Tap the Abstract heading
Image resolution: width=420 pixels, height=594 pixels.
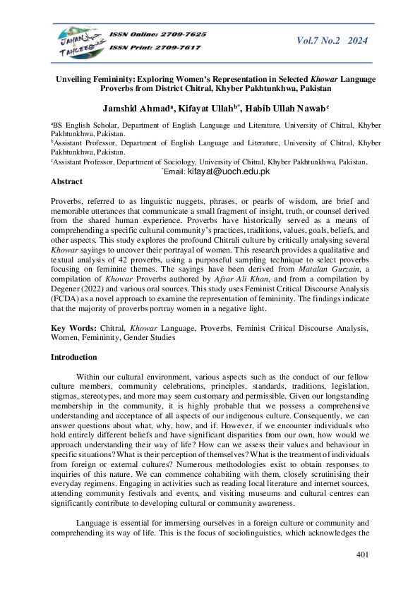(x=66, y=181)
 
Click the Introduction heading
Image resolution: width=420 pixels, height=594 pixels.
(x=73, y=358)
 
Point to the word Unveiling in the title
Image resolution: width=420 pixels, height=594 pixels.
(x=76, y=79)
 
